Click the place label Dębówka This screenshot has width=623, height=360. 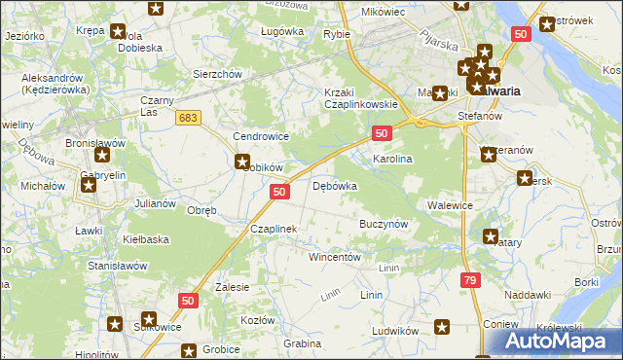(x=334, y=185)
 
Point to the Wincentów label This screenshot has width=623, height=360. (x=335, y=258)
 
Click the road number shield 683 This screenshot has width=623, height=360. (x=189, y=117)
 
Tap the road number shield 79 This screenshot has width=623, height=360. (x=471, y=280)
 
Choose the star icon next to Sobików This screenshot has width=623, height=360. (x=241, y=163)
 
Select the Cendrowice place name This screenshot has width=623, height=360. (x=257, y=137)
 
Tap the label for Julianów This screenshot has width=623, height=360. (x=155, y=203)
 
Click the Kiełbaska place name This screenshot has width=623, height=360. (x=146, y=238)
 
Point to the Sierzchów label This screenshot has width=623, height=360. (x=216, y=74)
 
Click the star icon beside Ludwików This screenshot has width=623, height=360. (x=442, y=328)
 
